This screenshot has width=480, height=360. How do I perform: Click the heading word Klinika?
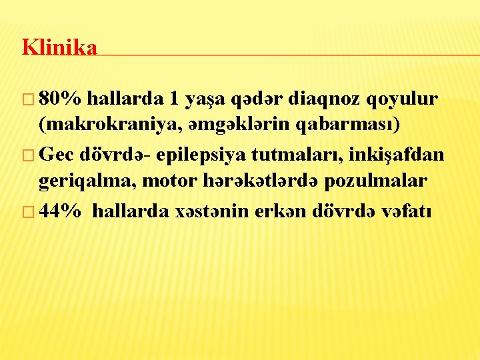point(59,47)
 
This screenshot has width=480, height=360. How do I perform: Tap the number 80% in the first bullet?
point(61,99)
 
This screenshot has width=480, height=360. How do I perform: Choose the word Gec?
point(57,155)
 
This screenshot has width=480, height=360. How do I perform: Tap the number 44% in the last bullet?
point(61,212)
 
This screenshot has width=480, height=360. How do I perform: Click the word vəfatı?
point(407,212)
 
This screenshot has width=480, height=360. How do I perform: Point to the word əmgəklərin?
point(244,125)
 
